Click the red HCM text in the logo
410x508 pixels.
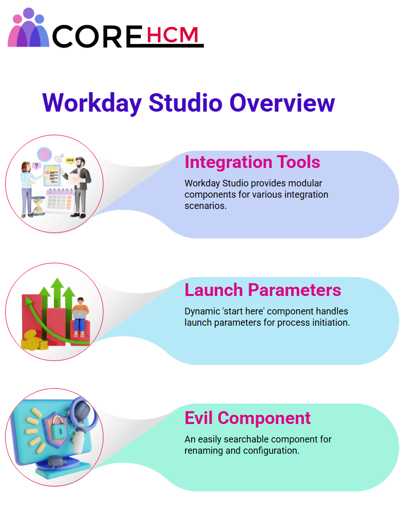(x=172, y=35)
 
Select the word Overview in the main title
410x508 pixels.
(x=282, y=103)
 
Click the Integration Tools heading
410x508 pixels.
(x=252, y=162)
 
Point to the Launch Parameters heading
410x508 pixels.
(x=262, y=290)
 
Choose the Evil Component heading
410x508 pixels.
(x=248, y=418)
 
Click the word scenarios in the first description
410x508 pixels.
(x=206, y=206)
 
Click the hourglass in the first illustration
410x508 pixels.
(x=38, y=206)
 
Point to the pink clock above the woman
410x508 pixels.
(x=45, y=154)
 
